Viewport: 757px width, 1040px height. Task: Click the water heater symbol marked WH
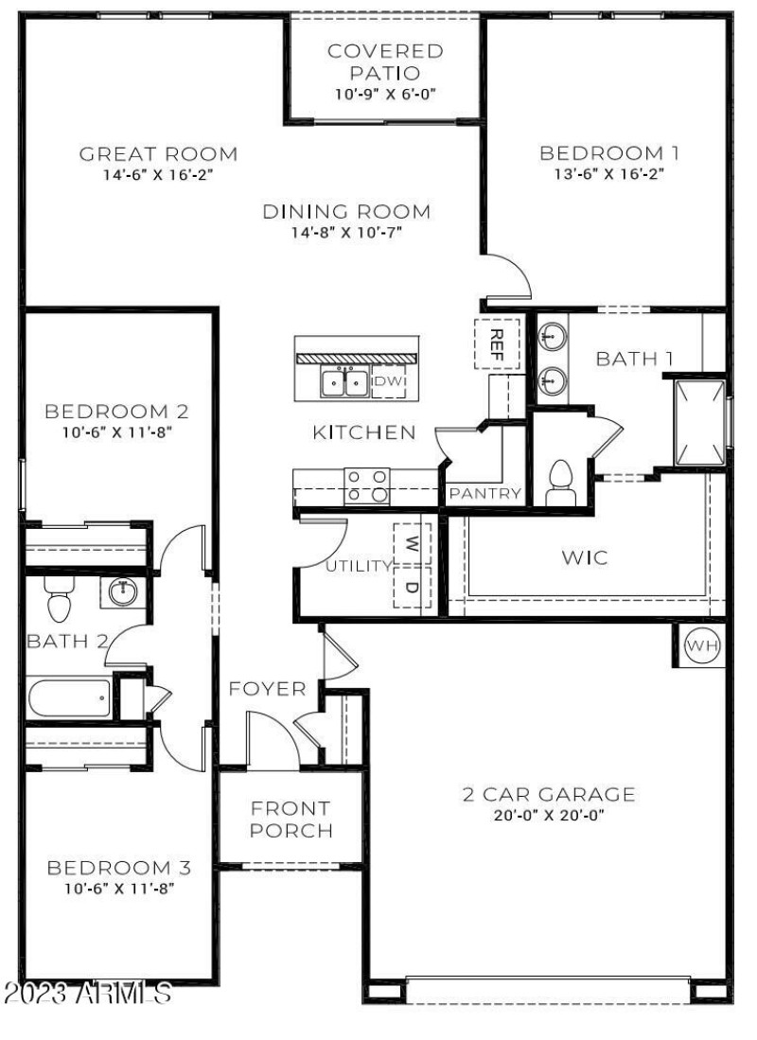701,646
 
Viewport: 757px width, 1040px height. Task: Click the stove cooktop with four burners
367,485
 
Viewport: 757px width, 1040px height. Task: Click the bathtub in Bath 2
69,699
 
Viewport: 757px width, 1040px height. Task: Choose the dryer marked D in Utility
412,587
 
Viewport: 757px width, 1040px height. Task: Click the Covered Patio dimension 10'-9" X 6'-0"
385,94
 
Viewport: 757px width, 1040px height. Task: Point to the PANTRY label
485,493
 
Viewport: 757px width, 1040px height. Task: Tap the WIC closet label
585,556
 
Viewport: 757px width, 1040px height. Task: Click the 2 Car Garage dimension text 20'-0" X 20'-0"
548,815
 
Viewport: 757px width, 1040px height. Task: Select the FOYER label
268,688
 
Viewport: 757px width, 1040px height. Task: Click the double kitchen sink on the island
343,382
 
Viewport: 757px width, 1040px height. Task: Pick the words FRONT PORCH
290,820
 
